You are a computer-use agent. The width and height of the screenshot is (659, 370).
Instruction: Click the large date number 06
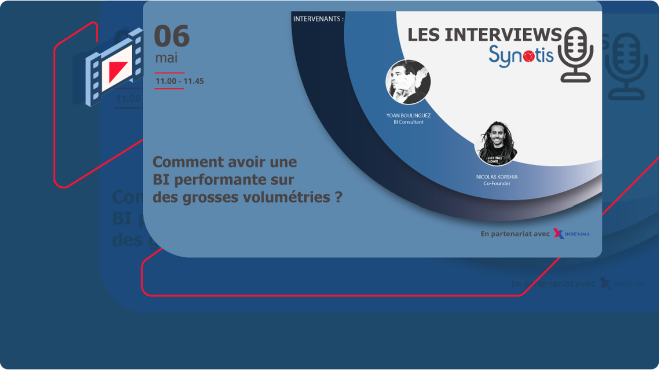(x=172, y=36)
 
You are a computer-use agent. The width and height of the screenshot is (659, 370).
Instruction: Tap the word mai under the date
(x=166, y=58)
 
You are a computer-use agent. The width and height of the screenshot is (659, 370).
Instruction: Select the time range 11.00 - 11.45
(x=179, y=81)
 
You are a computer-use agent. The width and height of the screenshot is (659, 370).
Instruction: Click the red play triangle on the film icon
(x=117, y=69)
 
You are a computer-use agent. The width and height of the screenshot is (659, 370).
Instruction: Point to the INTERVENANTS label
(x=318, y=19)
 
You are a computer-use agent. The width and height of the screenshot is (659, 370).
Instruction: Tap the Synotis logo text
(x=521, y=54)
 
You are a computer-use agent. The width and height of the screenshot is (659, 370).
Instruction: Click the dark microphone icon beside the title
(x=575, y=55)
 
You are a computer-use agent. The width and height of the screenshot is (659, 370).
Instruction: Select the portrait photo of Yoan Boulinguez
(x=408, y=82)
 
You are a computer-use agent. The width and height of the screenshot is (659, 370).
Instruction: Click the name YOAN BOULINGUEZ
(x=408, y=115)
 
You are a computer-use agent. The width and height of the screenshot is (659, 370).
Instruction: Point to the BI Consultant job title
(x=408, y=122)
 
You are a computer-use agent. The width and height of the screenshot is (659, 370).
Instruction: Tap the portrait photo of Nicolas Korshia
(x=497, y=143)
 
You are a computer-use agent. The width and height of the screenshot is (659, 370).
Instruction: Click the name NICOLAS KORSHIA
(x=497, y=177)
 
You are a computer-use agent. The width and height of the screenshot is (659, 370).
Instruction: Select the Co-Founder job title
(x=497, y=183)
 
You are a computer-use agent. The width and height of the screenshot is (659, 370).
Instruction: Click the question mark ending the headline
(x=338, y=197)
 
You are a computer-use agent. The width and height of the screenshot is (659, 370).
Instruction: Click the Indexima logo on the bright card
(x=571, y=234)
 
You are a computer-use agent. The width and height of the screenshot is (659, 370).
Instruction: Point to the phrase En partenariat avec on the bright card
(x=515, y=234)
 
